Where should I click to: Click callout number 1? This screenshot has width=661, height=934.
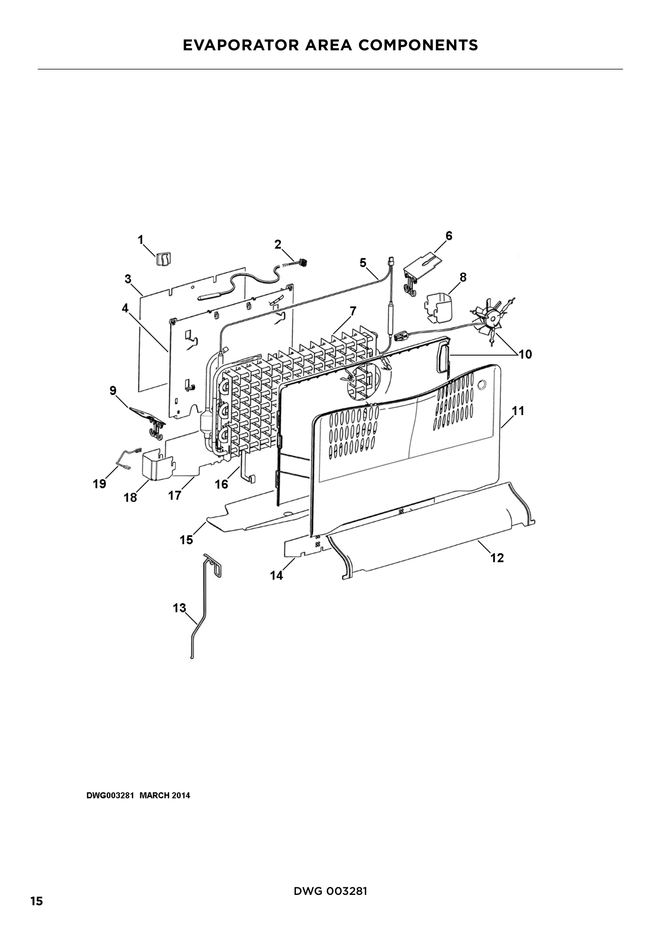(x=141, y=240)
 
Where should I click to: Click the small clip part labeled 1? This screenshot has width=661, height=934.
(x=163, y=258)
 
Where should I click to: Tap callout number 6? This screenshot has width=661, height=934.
(x=449, y=236)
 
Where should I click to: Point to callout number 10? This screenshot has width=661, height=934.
(x=526, y=354)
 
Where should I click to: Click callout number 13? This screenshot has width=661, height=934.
(x=179, y=608)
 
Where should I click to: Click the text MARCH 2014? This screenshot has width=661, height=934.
(x=165, y=796)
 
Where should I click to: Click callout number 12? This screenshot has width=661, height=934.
(x=498, y=558)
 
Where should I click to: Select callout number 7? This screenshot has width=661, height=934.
(x=353, y=311)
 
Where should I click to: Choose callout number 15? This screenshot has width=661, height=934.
(x=186, y=540)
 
